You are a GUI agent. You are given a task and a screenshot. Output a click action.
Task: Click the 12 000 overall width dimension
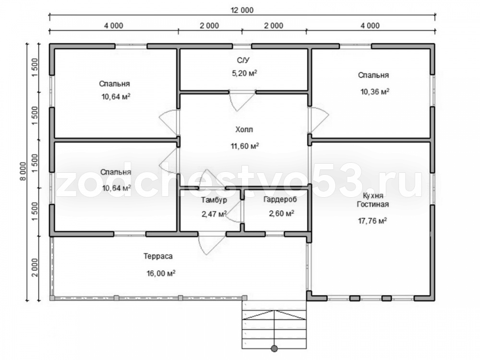coord(242,10)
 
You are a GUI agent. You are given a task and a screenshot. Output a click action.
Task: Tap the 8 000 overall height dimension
coord(23,176)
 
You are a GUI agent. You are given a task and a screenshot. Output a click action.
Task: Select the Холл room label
coord(244,130)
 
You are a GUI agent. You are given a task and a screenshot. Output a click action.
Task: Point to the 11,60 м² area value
coord(245,146)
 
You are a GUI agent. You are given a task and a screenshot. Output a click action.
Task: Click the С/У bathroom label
coord(243,60)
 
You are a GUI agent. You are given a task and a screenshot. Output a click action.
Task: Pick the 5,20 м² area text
coord(243,73)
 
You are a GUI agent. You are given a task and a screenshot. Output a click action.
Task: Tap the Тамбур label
coord(214,200)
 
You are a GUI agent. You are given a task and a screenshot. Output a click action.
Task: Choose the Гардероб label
coord(280,200)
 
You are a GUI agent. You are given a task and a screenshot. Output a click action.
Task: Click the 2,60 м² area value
coord(282,213)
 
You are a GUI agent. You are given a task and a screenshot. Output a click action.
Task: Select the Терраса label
coord(158,256)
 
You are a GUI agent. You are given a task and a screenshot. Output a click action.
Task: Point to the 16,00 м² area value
coord(161,273)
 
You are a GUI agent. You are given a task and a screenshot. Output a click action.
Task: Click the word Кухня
coord(372,196)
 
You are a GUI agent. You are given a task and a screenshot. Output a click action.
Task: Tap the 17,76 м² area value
coord(372,220)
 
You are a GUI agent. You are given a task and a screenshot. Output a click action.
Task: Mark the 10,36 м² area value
coord(375,92)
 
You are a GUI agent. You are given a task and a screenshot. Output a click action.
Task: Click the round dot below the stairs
coord(274,348)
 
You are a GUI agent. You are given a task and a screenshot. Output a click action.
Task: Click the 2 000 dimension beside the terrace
coord(36,267)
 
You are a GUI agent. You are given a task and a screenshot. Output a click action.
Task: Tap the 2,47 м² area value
coord(214,214)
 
